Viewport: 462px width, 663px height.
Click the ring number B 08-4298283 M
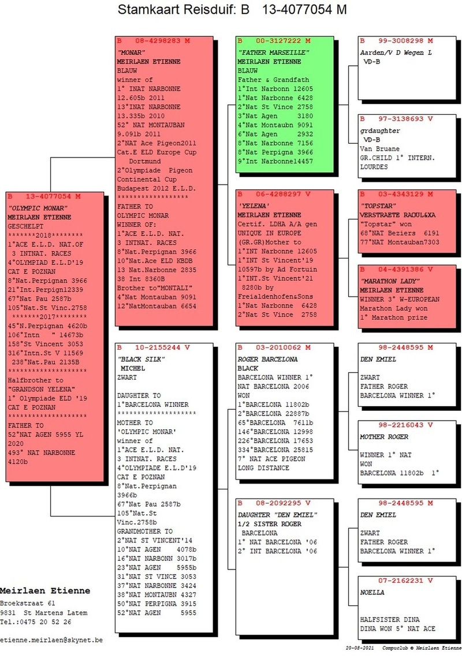click(x=153, y=41)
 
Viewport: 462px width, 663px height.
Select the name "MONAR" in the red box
click(x=131, y=53)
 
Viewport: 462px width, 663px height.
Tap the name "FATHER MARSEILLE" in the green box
click(x=273, y=53)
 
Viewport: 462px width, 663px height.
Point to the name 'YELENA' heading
click(x=254, y=206)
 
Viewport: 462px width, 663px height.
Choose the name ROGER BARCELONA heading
click(x=267, y=359)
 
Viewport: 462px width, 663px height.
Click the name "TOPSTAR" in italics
click(x=378, y=206)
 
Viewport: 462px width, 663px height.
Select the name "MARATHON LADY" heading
click(x=390, y=281)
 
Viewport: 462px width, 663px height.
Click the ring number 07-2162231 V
click(x=405, y=581)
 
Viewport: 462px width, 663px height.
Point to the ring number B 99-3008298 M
click(x=396, y=41)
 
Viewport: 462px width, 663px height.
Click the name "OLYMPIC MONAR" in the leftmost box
click(x=38, y=208)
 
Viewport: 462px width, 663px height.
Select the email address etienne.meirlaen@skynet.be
click(x=51, y=640)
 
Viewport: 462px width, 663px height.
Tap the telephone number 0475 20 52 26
click(x=43, y=622)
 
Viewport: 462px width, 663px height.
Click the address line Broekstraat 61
click(x=28, y=604)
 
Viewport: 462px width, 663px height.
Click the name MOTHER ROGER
click(x=384, y=437)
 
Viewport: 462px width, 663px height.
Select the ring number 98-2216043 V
click(x=405, y=425)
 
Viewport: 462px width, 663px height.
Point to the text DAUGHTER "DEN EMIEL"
click(x=277, y=515)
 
